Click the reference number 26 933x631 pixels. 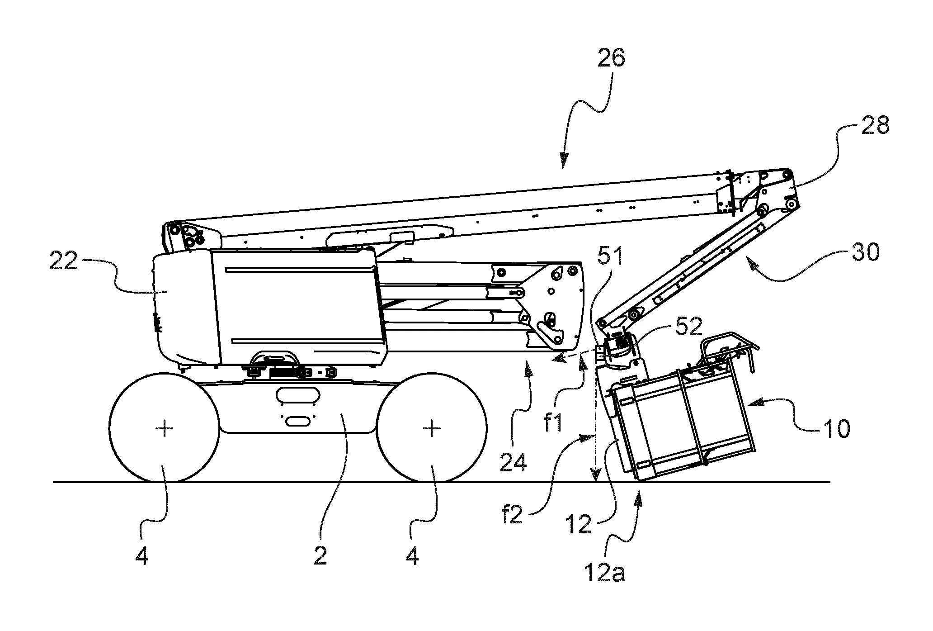pyautogui.click(x=611, y=59)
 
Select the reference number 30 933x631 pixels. pyautogui.click(x=866, y=252)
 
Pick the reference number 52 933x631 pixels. pyautogui.click(x=688, y=326)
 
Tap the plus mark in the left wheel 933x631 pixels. pyautogui.click(x=165, y=428)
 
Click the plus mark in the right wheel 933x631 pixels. pyautogui.click(x=432, y=428)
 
